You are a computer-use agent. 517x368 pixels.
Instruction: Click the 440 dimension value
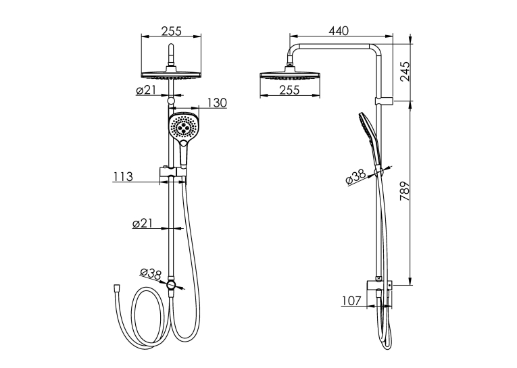[339, 30]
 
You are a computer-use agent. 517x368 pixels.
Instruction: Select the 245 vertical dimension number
[405, 72]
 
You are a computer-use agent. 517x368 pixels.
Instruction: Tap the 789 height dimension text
[405, 191]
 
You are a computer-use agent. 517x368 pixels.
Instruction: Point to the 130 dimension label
[218, 103]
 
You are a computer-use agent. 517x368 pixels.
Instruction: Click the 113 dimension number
[123, 177]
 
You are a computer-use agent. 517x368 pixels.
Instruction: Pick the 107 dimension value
[352, 300]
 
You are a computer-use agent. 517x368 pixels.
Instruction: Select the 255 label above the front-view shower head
[172, 31]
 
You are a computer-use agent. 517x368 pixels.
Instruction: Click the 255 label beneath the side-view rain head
[289, 90]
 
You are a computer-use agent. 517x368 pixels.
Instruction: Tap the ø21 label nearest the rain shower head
[146, 90]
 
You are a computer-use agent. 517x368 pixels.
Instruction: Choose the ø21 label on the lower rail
[143, 224]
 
